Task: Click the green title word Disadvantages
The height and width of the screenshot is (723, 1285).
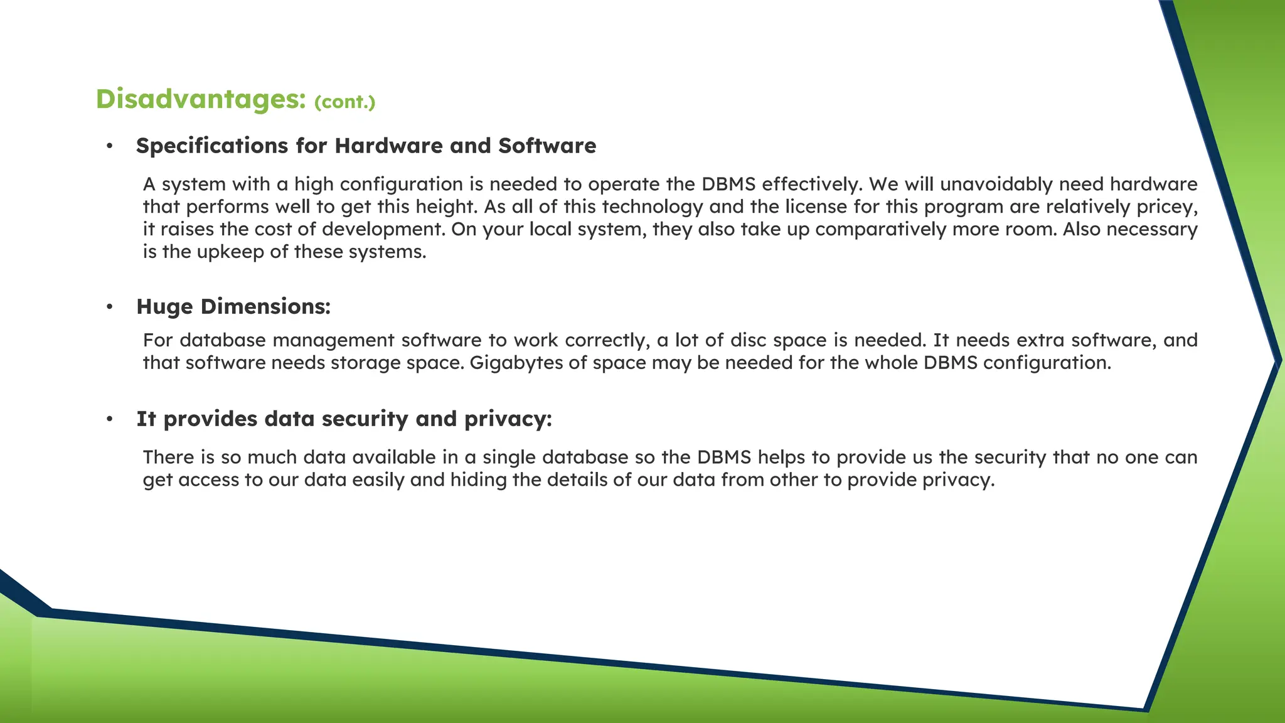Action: click(200, 99)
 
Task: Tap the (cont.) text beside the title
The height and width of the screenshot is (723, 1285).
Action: click(344, 102)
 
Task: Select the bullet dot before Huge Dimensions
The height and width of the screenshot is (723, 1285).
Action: click(110, 307)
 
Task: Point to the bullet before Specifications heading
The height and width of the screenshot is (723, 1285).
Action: click(110, 146)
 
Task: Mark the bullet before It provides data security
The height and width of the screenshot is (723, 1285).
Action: click(110, 419)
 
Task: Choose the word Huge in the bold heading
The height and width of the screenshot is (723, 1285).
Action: click(164, 307)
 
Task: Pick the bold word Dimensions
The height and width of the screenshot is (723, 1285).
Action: click(265, 307)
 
